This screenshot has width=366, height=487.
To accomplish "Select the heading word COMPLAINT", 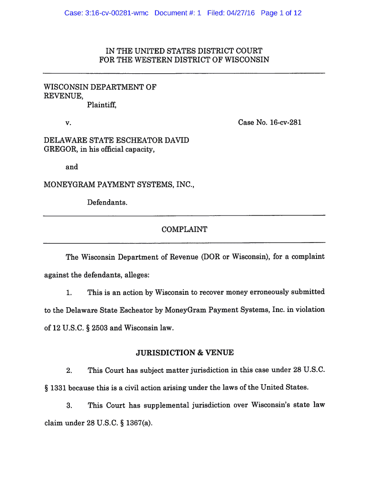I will (184, 230).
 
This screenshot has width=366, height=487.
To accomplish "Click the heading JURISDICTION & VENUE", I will (184, 353).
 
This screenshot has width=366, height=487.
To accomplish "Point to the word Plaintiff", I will (101, 106).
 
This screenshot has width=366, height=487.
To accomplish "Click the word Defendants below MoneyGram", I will (107, 203).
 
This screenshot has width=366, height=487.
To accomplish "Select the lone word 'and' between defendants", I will (72, 167).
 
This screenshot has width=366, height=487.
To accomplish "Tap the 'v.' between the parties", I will (68, 123).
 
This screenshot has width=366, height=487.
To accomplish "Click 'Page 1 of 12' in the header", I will (281, 13).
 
